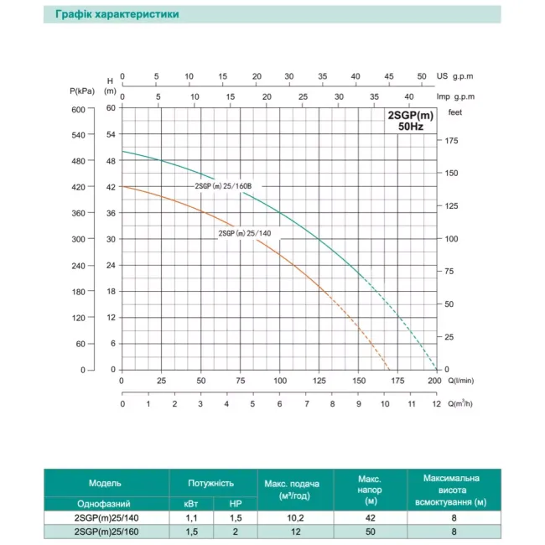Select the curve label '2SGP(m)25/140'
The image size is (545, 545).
point(244,233)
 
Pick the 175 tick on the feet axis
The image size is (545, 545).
point(453,141)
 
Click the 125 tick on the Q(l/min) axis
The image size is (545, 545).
point(319,381)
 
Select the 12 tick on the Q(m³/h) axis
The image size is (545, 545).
point(435,403)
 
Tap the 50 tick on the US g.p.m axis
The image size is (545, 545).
point(422,75)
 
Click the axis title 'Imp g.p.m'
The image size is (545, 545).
point(456,96)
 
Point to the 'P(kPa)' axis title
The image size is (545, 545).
point(81,90)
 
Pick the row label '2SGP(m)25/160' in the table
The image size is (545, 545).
point(105,532)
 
